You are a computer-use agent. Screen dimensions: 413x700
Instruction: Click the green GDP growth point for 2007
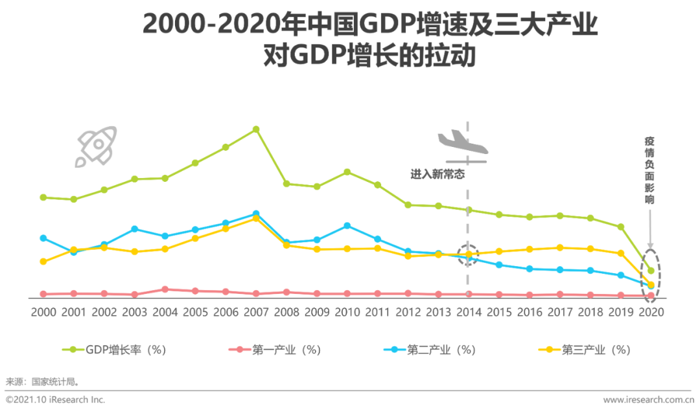tap(256, 129)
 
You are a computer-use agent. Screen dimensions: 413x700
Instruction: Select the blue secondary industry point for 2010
tap(347, 225)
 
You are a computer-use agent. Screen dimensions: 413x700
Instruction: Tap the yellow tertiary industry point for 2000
tap(43, 262)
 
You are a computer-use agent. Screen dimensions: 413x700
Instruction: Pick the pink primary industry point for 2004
tap(165, 289)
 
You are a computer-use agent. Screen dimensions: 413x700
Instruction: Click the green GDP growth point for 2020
tap(651, 271)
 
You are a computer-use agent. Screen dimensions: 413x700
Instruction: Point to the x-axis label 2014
tap(469, 312)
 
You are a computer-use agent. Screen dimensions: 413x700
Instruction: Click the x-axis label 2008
tap(286, 312)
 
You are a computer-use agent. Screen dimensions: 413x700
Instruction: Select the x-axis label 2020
tap(651, 312)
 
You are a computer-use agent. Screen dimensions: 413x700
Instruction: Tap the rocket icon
tap(96, 146)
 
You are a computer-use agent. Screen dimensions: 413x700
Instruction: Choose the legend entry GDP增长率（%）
tap(117, 350)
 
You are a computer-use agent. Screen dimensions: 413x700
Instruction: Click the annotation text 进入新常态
tap(437, 174)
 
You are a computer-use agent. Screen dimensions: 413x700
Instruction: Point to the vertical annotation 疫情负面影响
tap(649, 170)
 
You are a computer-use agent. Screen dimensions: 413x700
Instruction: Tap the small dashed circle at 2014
tap(468, 254)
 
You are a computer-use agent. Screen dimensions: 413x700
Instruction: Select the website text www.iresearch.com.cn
tap(648, 399)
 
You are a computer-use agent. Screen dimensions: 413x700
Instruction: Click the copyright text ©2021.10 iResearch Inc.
tap(56, 399)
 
